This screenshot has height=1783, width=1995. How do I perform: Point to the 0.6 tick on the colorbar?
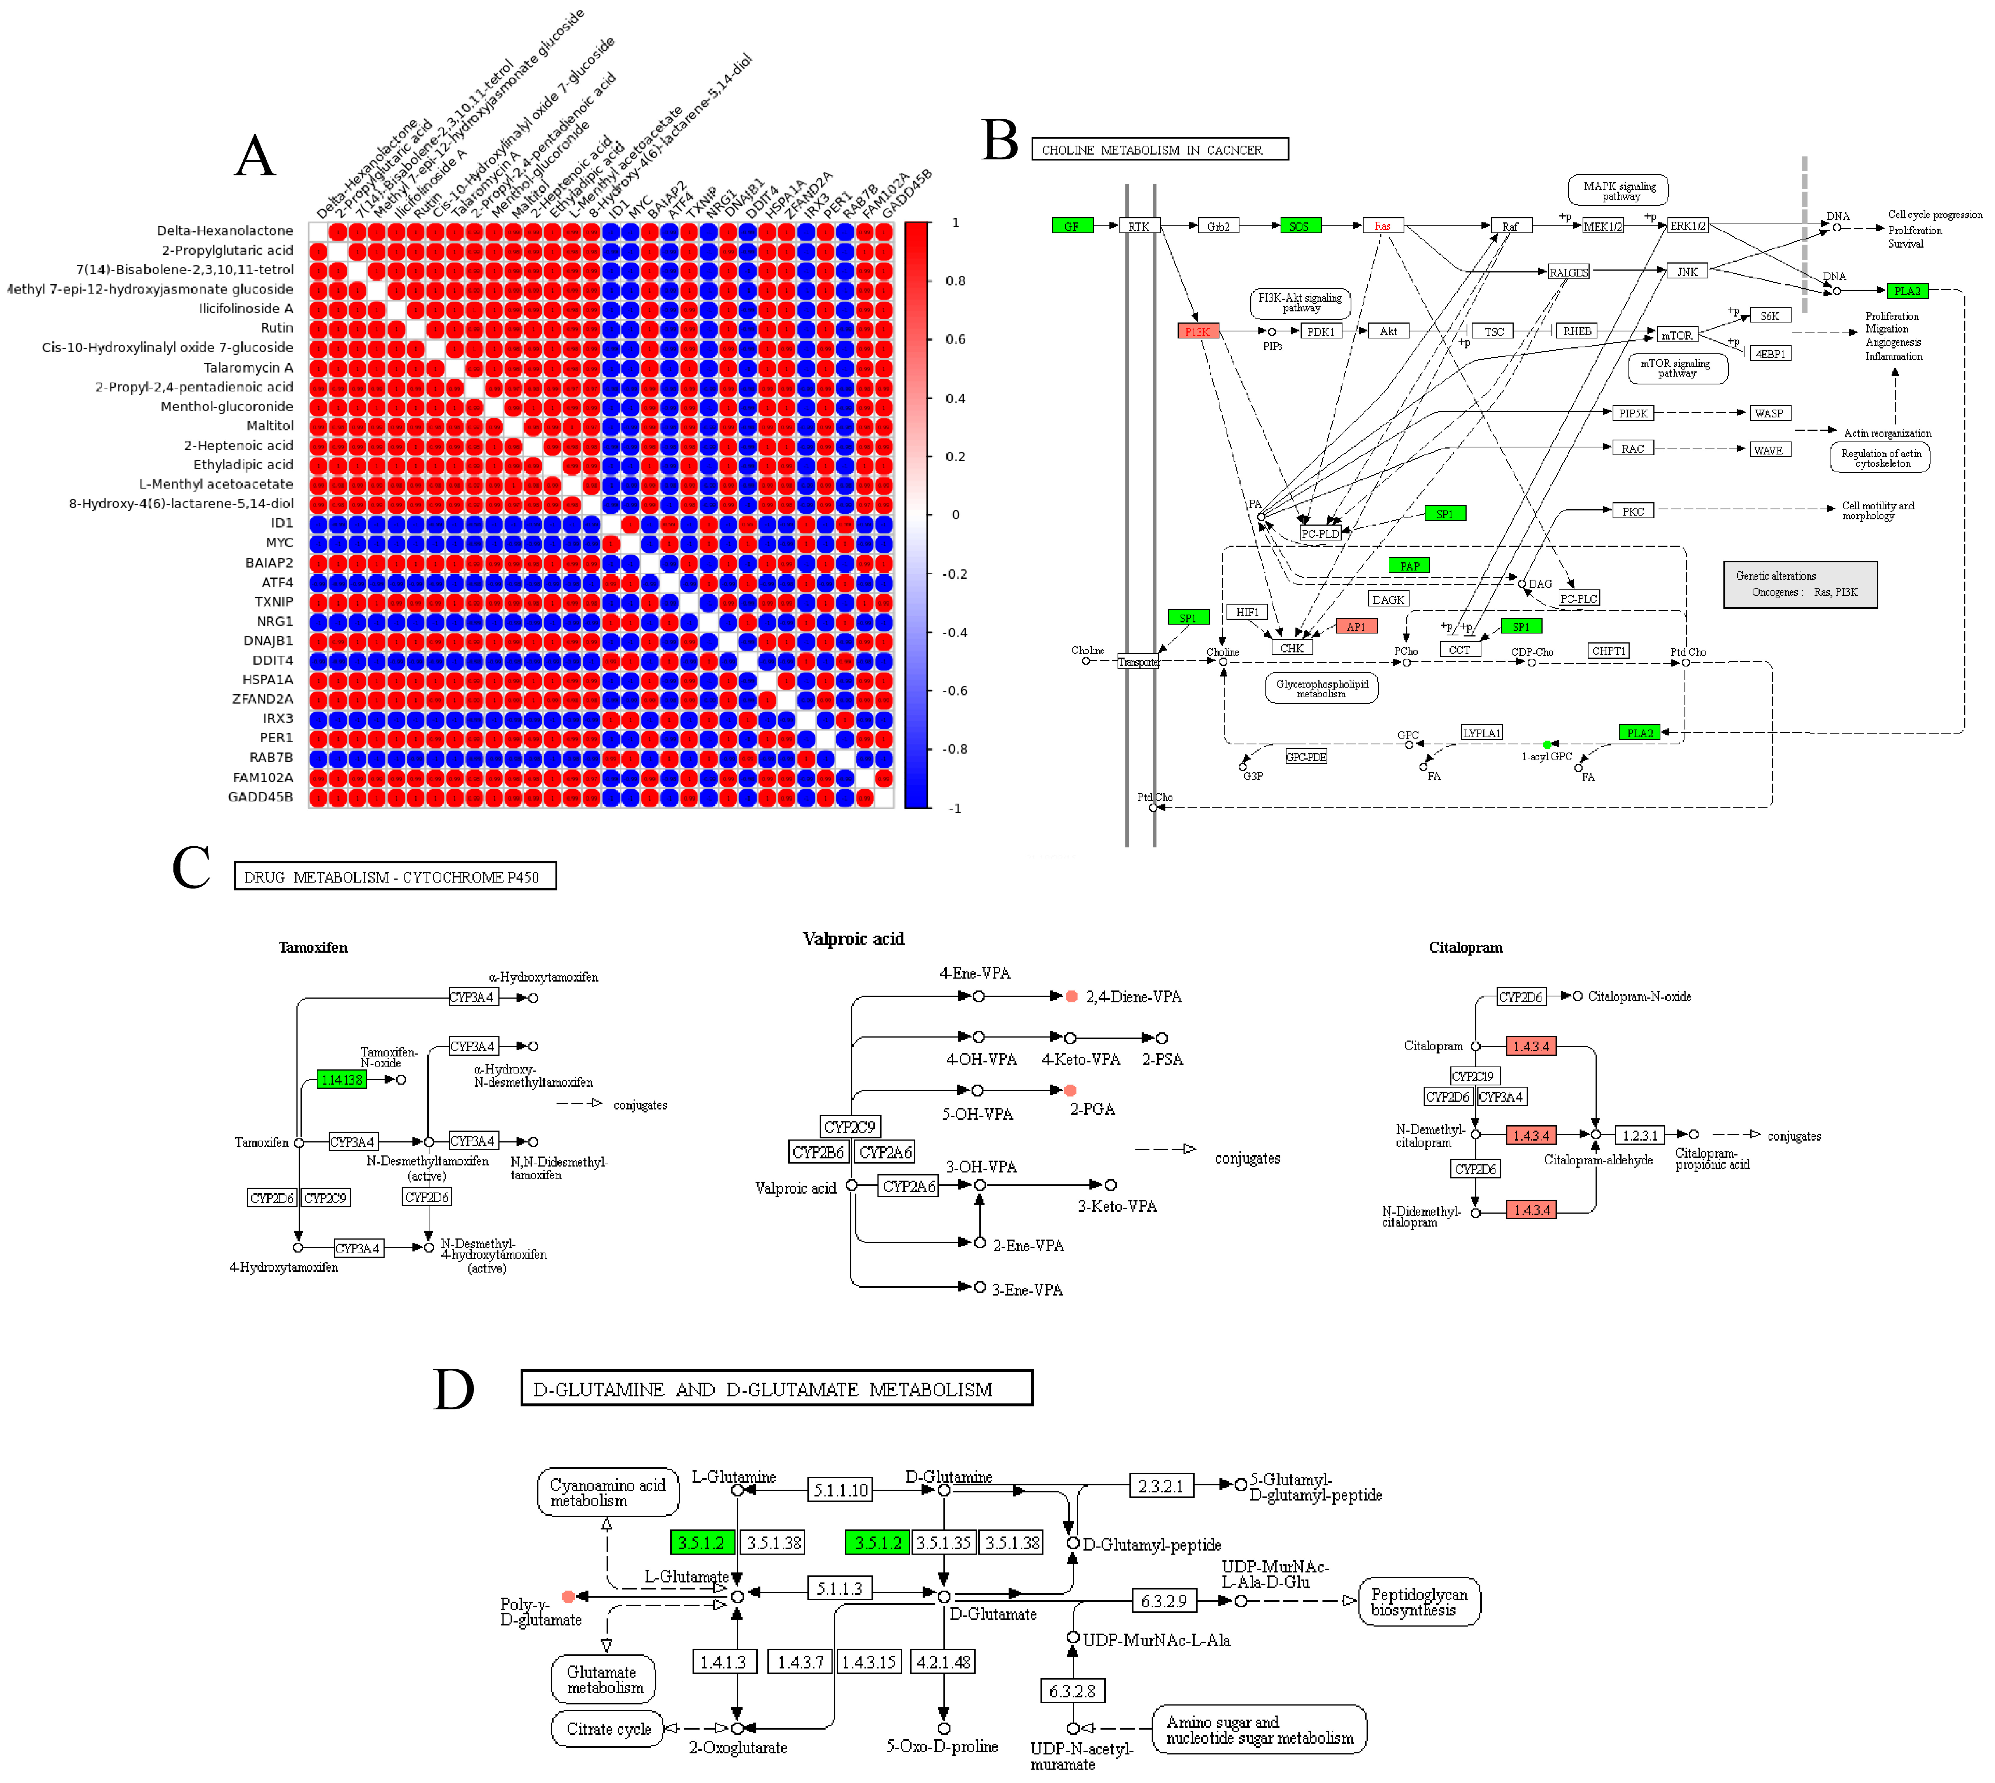tap(955, 339)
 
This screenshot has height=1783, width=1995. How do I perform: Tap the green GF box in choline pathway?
tap(1072, 226)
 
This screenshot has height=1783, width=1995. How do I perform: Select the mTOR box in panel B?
tap(1676, 335)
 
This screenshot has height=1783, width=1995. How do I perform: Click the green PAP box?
tap(1409, 565)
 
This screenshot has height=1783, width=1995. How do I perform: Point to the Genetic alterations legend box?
tap(1800, 585)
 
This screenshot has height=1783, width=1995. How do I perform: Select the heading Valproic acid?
tap(853, 939)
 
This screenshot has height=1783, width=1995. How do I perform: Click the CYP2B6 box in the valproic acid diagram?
tap(818, 1152)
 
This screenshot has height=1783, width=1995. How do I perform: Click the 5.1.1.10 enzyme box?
tap(840, 1490)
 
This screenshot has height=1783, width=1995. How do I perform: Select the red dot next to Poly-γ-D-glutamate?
tap(568, 1597)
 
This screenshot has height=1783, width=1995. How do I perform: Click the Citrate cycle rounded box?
tap(608, 1729)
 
